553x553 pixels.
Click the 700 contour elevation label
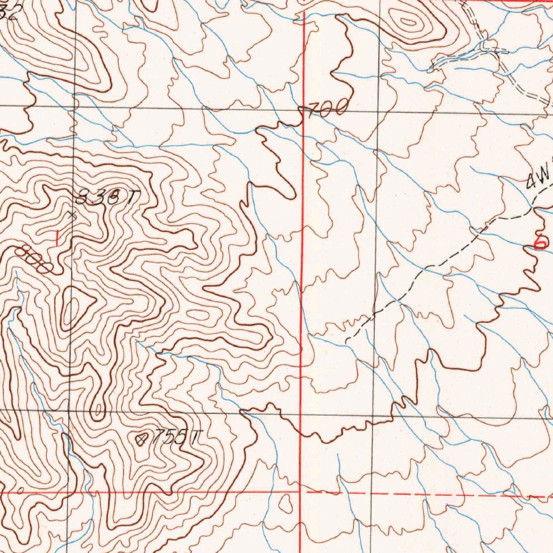tap(326, 110)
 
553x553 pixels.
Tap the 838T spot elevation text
tap(105, 199)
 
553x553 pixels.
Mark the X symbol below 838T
tap(72, 215)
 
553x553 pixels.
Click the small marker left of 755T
tap(142, 440)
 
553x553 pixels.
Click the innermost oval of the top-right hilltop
tap(408, 22)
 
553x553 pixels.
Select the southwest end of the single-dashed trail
tap(346, 339)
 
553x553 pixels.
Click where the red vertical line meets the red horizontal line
tap(300, 492)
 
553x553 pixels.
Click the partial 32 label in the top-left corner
tap(10, 12)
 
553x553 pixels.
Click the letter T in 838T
tap(130, 199)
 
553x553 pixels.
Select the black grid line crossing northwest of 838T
tap(75, 106)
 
